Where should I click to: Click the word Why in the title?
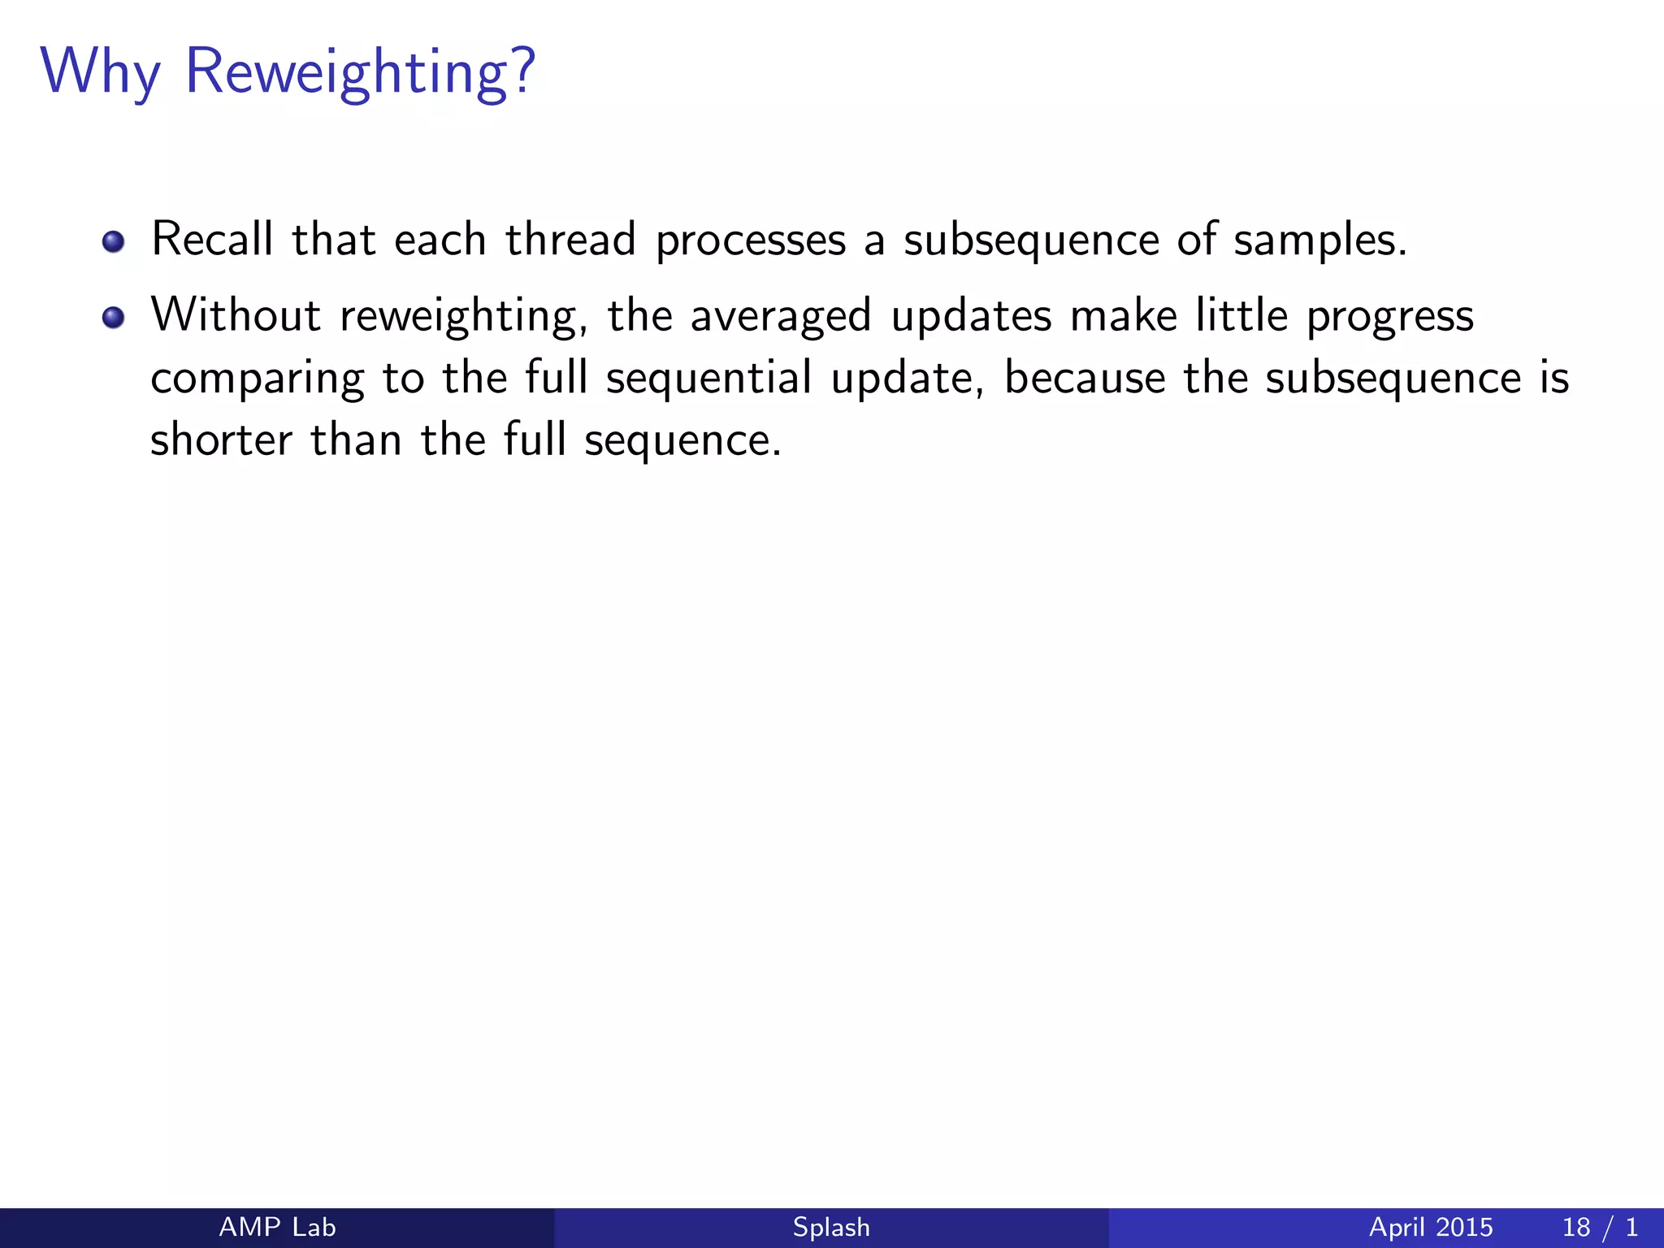(x=100, y=73)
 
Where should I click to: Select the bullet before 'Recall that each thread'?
(x=114, y=242)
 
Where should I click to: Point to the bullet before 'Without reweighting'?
(x=114, y=318)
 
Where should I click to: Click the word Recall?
(x=212, y=240)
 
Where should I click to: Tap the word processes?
(x=751, y=241)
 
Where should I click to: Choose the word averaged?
(x=781, y=317)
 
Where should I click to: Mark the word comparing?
(x=257, y=379)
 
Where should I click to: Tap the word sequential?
(x=708, y=379)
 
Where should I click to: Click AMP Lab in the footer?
(x=277, y=1227)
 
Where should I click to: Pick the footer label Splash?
(x=831, y=1227)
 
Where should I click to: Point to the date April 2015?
(x=1431, y=1227)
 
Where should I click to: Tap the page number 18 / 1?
(x=1599, y=1227)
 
